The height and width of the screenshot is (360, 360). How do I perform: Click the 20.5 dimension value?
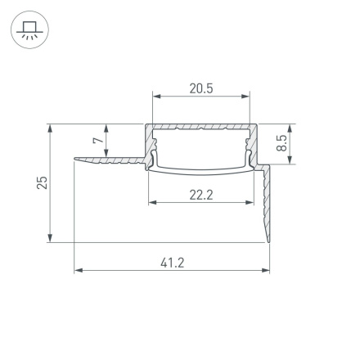pos(201,88)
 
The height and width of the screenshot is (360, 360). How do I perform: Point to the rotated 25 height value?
pos(43,182)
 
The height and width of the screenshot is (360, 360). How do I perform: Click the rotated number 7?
pos(98,141)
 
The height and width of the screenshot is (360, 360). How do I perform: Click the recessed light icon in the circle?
pos(30,32)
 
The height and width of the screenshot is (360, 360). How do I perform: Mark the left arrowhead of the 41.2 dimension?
pos(78,270)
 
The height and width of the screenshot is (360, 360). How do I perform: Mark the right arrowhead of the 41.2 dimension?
pos(268,270)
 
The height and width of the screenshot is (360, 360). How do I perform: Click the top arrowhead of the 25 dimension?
pos(52,127)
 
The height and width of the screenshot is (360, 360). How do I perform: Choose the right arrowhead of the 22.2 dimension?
pos(250,201)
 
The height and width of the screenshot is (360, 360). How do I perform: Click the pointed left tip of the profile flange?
pos(75,158)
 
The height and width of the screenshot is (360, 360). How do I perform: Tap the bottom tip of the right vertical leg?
pos(269,241)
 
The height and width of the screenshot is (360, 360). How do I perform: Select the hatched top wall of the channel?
pos(202,128)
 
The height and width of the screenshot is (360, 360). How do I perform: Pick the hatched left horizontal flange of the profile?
pos(110,160)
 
